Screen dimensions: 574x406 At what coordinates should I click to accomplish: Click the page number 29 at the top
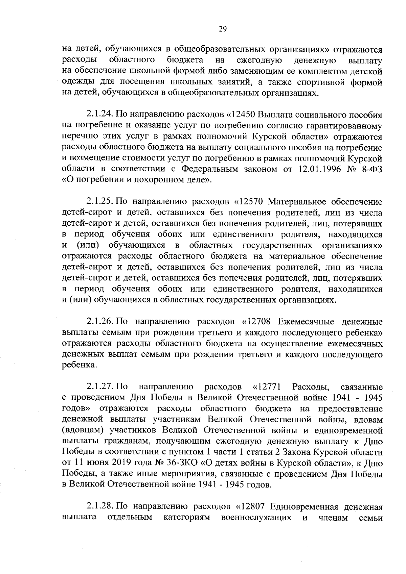point(222,29)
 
